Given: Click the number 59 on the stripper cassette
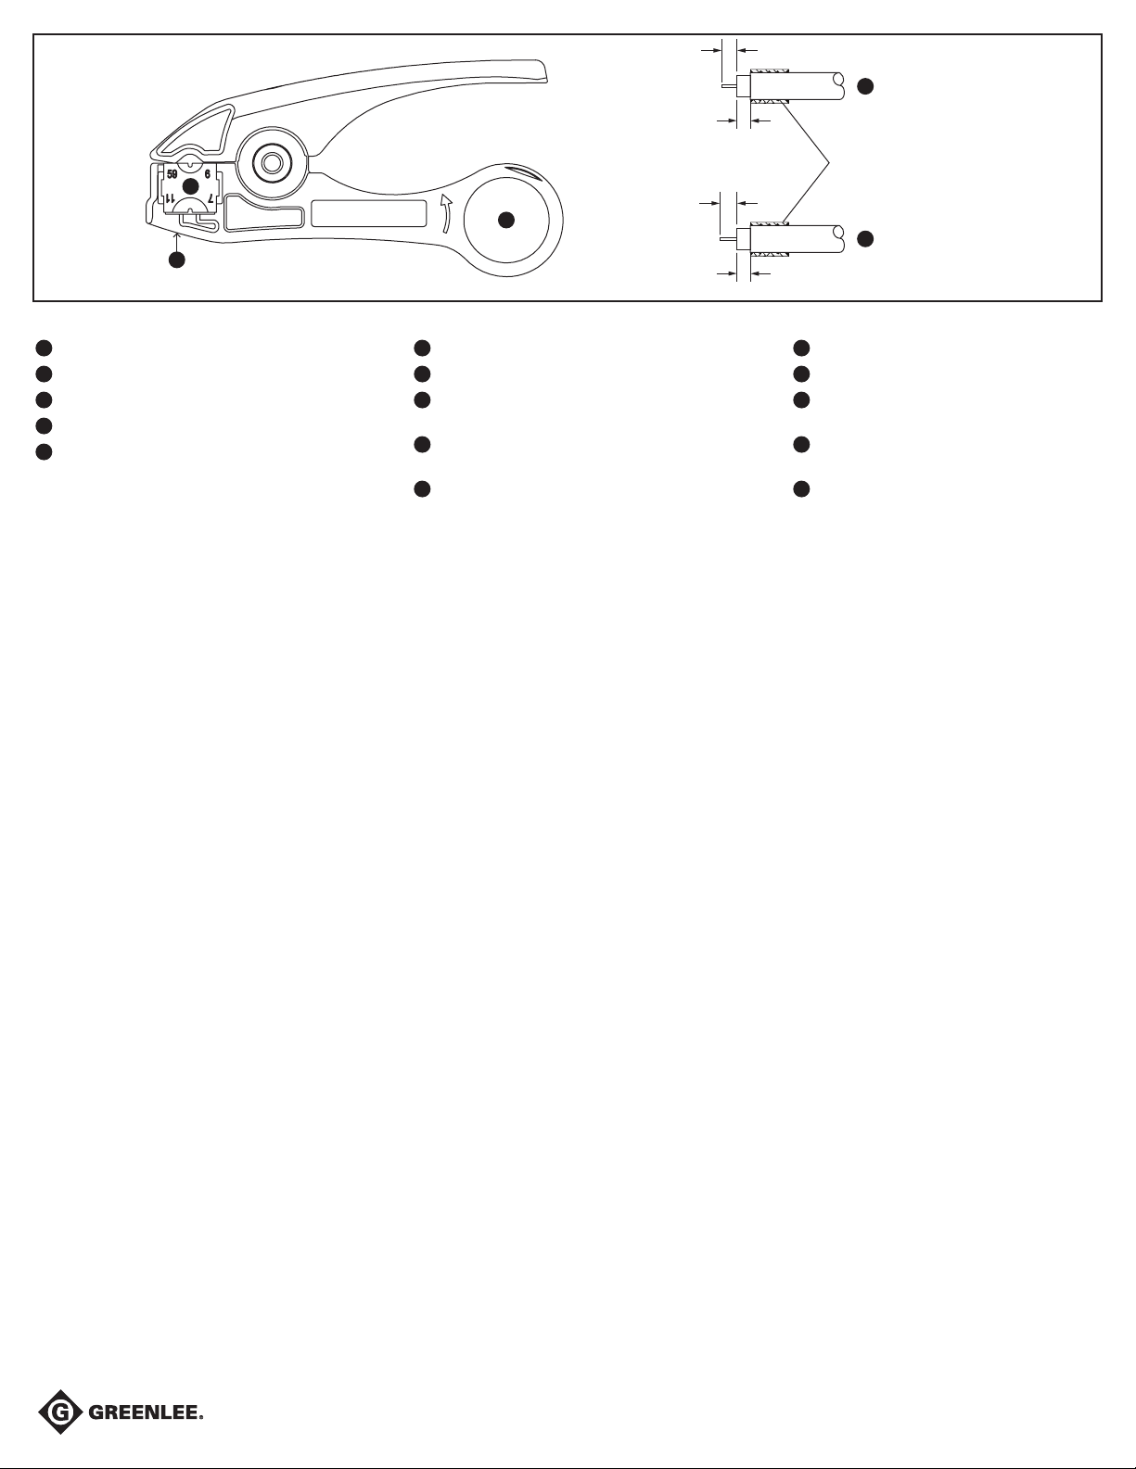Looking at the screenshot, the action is pos(172,173).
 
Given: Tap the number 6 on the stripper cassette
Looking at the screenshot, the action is pos(208,173).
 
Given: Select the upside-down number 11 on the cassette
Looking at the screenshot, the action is pos(171,198).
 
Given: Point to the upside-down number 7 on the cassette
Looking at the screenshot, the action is pos(211,198).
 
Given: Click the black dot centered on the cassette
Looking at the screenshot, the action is pos(191,186).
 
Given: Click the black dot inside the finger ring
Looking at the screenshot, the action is pos(505,220).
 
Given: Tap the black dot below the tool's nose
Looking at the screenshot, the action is pos(177,260).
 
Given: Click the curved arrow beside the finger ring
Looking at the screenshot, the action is pos(445,213).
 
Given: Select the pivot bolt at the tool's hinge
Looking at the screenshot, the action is pos(273,162).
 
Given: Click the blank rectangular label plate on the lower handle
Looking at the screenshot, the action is pos(368,213).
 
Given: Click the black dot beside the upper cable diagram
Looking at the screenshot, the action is pos(865,86).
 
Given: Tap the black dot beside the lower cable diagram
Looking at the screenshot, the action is pos(865,238).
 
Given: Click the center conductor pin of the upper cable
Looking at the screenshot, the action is pos(728,86).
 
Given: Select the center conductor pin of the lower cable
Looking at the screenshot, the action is pos(728,238).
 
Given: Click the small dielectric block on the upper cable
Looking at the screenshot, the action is pos(743,86).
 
